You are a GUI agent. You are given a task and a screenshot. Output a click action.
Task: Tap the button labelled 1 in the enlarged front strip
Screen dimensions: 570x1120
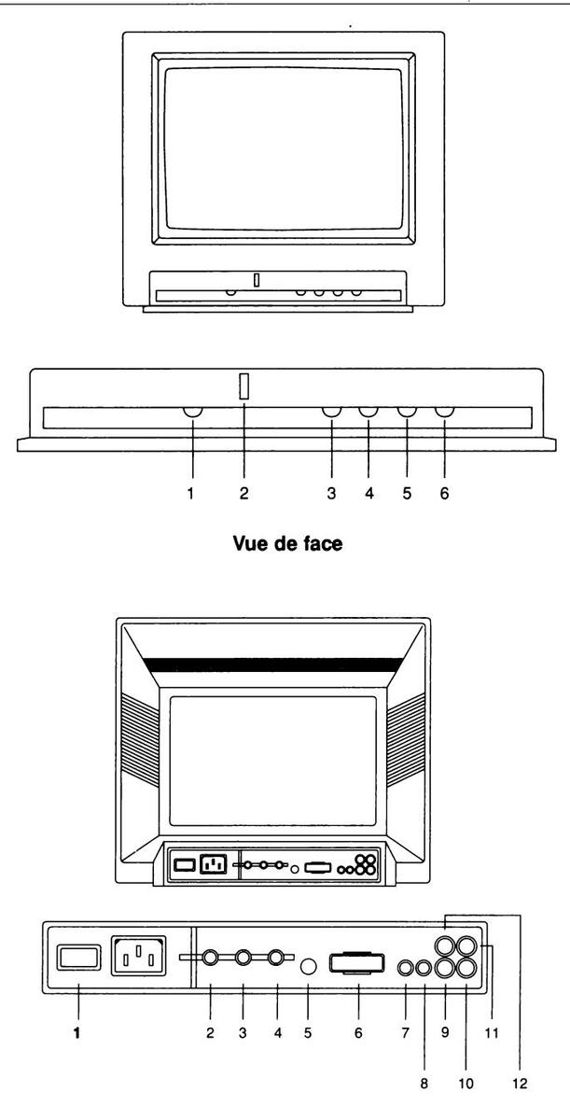click(x=193, y=412)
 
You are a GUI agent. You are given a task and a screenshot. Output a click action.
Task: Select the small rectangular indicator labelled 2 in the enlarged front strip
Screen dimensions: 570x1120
click(x=243, y=386)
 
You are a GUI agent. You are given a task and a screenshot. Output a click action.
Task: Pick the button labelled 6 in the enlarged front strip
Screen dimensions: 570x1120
click(x=444, y=412)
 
